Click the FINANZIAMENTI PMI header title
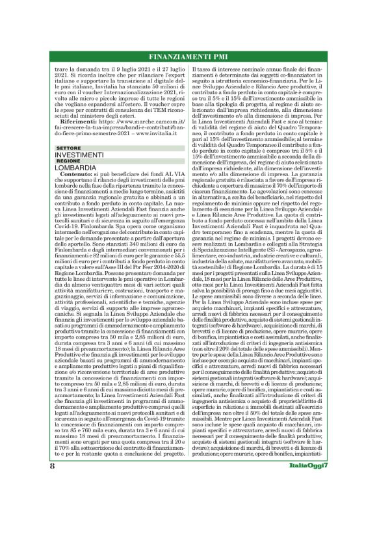click(x=188, y=55)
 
